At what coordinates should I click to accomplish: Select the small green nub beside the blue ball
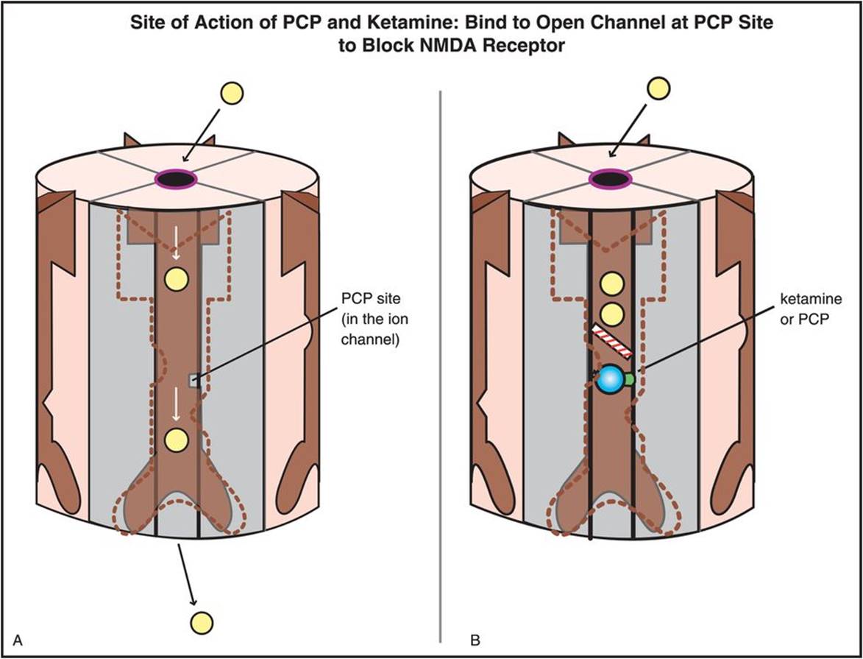point(630,378)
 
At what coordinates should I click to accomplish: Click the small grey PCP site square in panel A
point(193,380)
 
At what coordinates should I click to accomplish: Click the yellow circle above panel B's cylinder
point(657,89)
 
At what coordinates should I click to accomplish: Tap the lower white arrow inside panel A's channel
point(175,402)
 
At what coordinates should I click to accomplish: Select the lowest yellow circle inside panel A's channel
point(176,439)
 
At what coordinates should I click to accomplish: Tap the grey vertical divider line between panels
point(440,368)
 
